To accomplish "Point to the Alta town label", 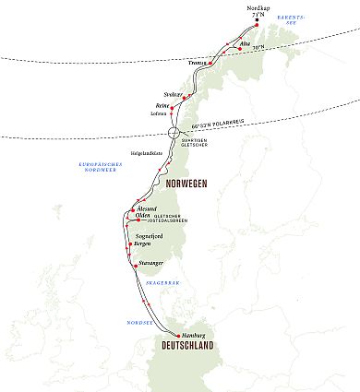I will click(244, 44).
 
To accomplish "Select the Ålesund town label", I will click(134, 208).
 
